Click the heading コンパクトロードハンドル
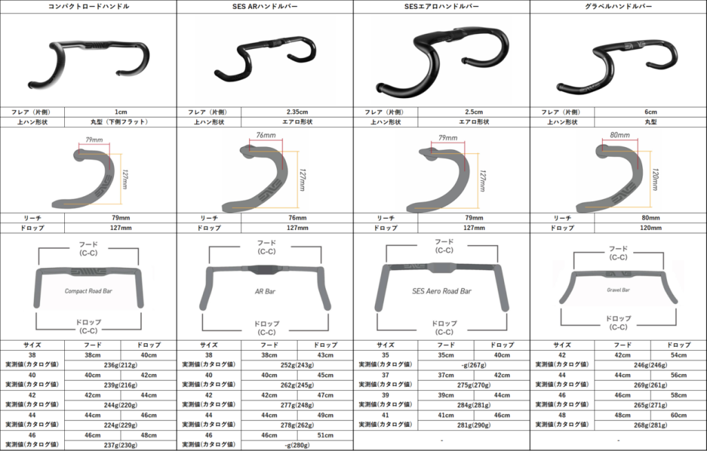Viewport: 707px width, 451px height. pos(88,6)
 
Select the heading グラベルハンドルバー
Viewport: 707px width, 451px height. pos(618,6)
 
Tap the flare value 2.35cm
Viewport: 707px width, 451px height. pos(297,112)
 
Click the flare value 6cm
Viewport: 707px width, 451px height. pos(650,112)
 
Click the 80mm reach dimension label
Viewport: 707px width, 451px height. pos(620,136)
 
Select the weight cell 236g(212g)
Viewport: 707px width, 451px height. pos(120,365)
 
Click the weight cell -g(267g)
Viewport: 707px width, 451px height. pos(474,365)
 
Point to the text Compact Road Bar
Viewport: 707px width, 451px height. pos(88,291)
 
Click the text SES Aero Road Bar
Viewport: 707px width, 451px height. pos(442,291)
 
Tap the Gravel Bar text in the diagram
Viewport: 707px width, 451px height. pos(618,290)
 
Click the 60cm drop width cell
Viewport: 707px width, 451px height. pos(679,416)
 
